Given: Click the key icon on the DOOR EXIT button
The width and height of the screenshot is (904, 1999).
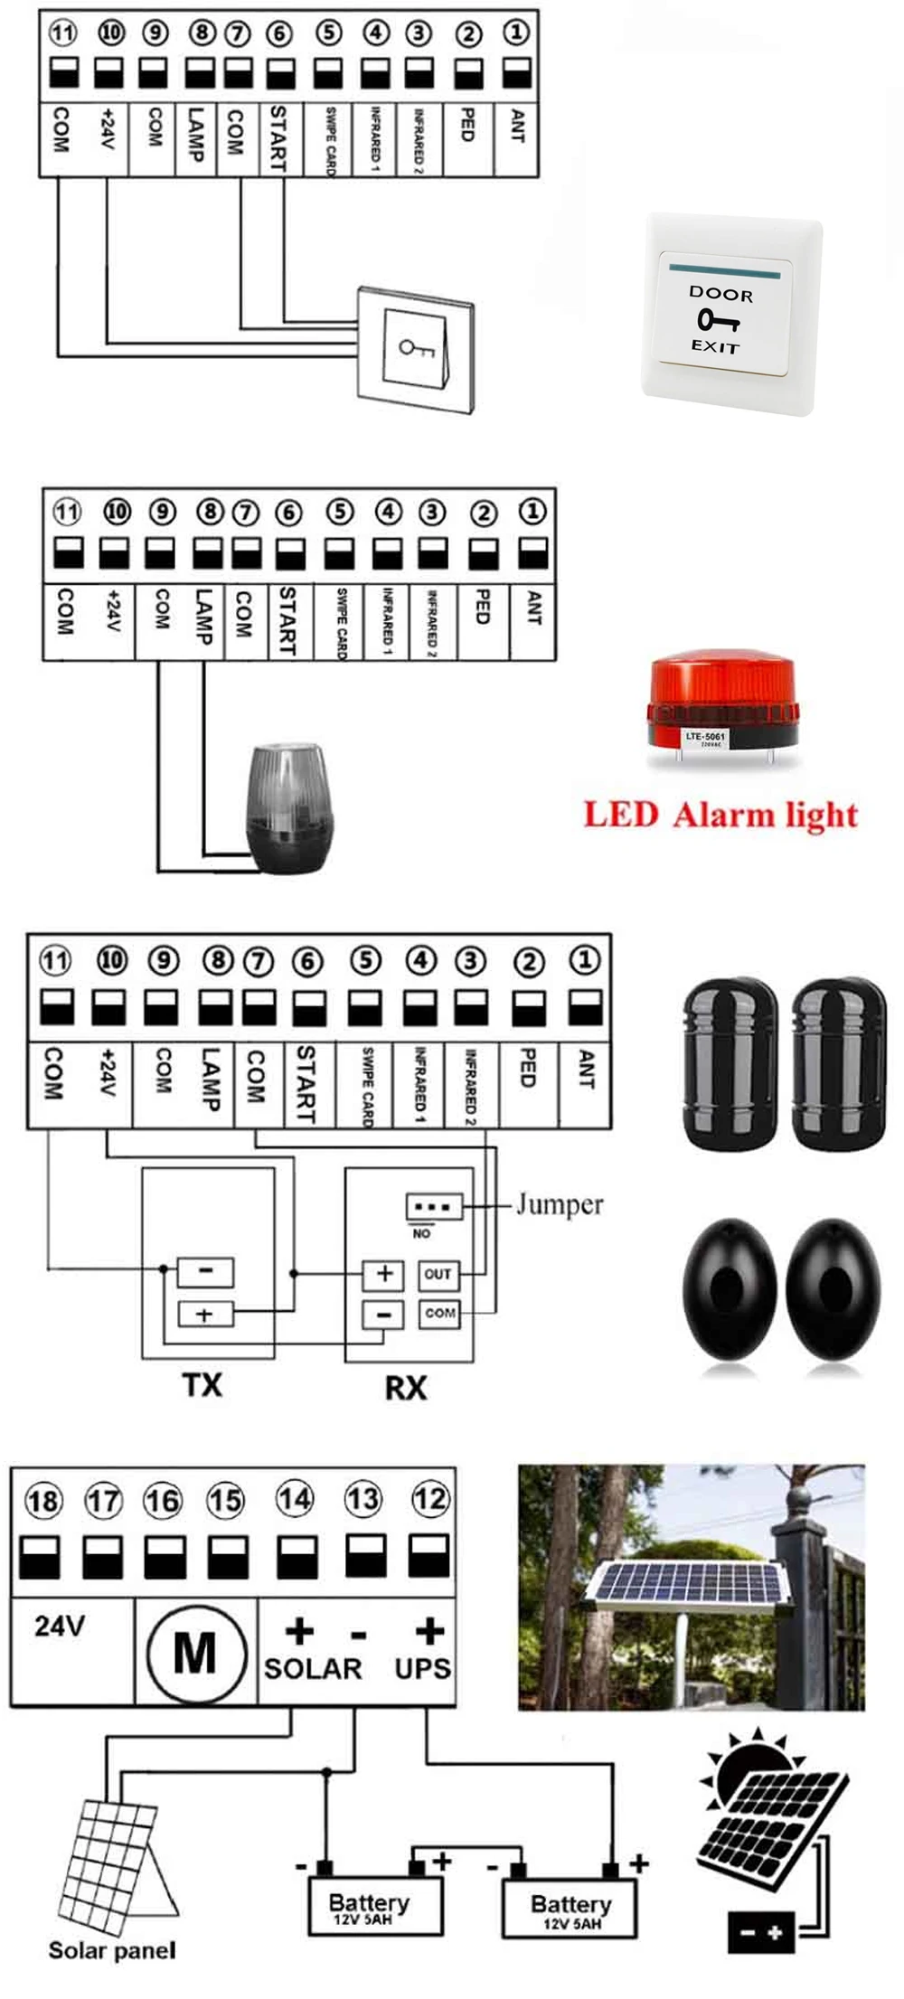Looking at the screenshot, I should pos(719,320).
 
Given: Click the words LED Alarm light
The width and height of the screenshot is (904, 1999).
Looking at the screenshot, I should pos(720,815).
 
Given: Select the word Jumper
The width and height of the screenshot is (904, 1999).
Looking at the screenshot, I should pos(559,1204).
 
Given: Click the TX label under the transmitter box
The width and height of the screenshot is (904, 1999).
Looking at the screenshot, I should pos(202,1384).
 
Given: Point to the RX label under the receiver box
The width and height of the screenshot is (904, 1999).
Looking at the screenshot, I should pos(405,1387).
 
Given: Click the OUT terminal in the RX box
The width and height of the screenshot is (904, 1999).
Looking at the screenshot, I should pos(438,1274).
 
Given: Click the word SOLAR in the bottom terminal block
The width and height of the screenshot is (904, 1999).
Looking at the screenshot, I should pos(313,1668).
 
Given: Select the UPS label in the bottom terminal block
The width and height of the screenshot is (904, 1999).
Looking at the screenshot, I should pos(422,1668).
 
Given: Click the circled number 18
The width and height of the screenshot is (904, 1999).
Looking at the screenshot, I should pos(42,1502).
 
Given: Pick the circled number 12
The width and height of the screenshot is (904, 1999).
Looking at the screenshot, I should pos(429,1499).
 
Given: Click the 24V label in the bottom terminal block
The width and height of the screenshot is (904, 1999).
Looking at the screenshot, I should pos(60,1627).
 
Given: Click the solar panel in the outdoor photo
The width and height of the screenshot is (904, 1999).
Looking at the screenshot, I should pos(685,1579).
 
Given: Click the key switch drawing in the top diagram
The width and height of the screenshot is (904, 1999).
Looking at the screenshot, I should pos(417,348).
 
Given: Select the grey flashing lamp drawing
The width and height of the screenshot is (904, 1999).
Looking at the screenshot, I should pos(288,808).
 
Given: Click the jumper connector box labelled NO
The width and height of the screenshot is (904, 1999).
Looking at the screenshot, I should pos(435,1207).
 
